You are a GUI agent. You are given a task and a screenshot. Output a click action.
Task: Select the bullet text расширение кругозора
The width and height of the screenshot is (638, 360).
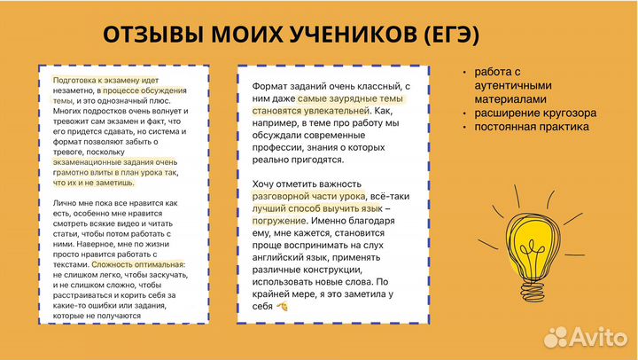(x=534, y=113)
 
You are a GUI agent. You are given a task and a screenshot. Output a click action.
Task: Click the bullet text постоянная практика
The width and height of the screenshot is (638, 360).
(x=530, y=127)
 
